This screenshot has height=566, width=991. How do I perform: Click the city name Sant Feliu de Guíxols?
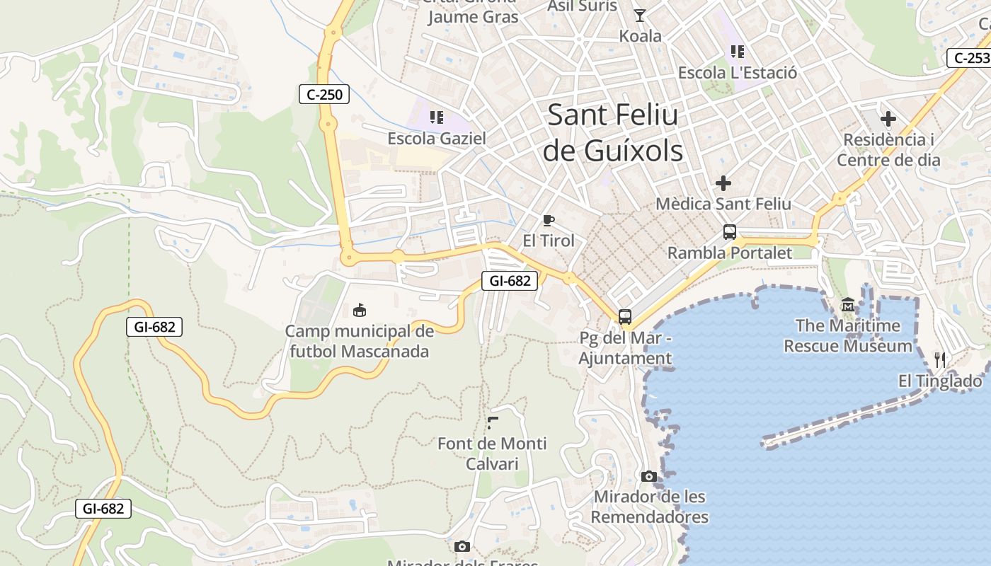click(x=613, y=133)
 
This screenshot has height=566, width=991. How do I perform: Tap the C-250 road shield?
click(x=324, y=94)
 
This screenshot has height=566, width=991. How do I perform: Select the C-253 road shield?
click(x=968, y=58)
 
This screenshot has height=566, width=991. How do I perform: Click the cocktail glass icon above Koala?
click(x=640, y=15)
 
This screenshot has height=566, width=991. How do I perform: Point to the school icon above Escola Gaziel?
click(x=437, y=117)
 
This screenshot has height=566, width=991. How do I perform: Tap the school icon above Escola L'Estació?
click(x=738, y=52)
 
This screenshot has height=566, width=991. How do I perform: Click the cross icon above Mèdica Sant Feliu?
click(x=723, y=183)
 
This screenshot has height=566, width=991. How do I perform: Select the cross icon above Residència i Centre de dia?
click(x=888, y=119)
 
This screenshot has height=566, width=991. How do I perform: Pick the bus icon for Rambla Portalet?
click(x=729, y=232)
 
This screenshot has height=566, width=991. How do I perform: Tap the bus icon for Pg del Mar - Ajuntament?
click(x=624, y=317)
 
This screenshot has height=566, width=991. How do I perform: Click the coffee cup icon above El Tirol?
click(x=548, y=220)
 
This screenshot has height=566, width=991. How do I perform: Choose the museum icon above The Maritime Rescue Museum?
click(x=847, y=305)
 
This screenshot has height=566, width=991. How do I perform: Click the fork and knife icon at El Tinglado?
click(x=940, y=359)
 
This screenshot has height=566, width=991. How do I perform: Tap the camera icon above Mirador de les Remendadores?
click(x=649, y=476)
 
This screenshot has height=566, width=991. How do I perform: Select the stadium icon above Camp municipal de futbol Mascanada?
click(x=360, y=310)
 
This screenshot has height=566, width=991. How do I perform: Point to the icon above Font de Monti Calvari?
click(x=493, y=423)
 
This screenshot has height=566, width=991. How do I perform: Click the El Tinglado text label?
click(x=940, y=381)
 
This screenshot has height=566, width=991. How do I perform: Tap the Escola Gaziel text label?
click(x=437, y=139)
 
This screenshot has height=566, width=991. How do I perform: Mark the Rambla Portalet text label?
click(x=730, y=253)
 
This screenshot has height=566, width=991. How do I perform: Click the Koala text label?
click(x=640, y=36)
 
